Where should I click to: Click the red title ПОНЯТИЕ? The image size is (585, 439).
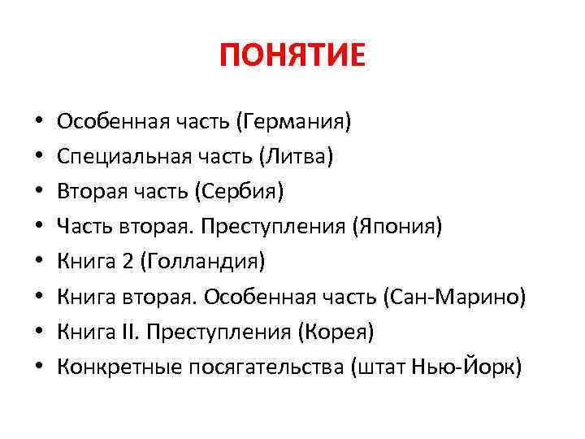292,57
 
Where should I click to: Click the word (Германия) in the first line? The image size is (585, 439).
293,123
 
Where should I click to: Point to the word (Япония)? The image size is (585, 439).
398,226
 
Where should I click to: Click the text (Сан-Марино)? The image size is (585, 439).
454,296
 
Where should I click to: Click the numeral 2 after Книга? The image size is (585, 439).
125,261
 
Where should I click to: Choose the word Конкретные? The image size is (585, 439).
119,366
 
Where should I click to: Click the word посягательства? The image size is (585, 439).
266,366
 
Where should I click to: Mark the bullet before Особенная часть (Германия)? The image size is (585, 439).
39,124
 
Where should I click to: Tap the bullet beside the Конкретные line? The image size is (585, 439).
39,367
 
